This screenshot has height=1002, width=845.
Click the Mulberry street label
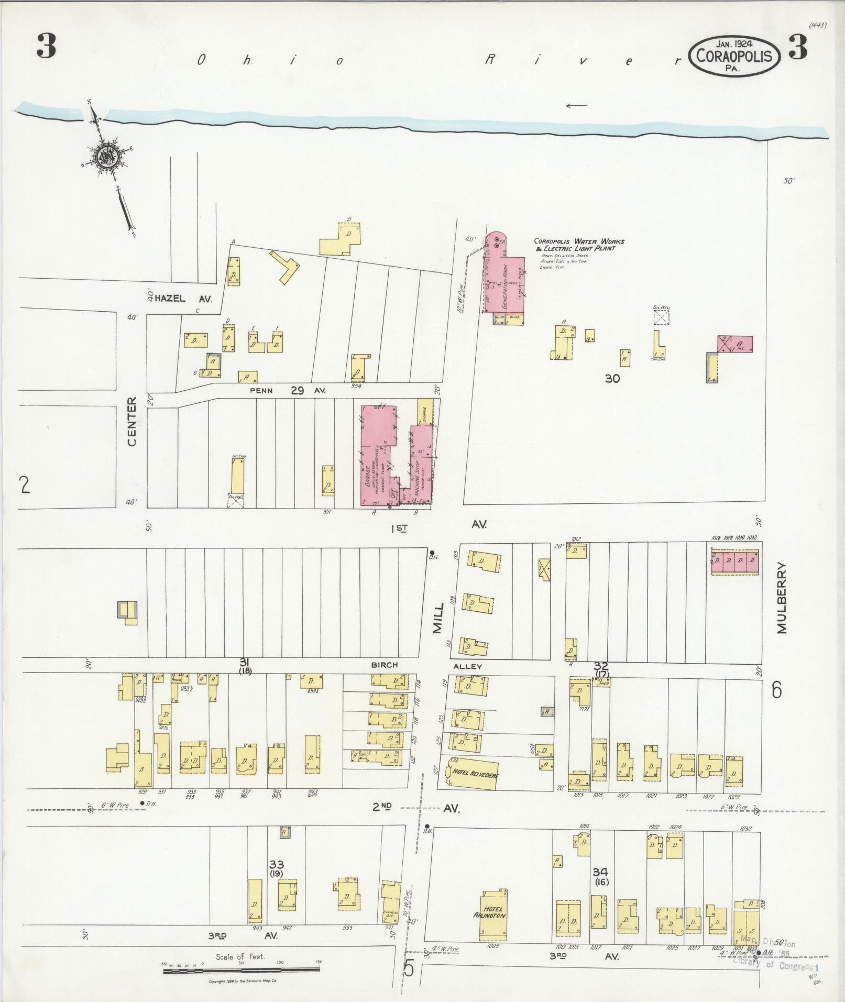pyautogui.click(x=782, y=598)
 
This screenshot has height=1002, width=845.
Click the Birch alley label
pyautogui.click(x=384, y=665)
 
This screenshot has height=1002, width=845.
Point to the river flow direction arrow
pyautogui.click(x=577, y=105)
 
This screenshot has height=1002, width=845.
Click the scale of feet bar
pyautogui.click(x=242, y=971)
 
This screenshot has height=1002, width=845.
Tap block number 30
pyautogui.click(x=612, y=378)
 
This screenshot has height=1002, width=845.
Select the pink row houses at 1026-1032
pyautogui.click(x=734, y=561)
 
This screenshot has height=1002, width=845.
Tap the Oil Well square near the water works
pyautogui.click(x=661, y=317)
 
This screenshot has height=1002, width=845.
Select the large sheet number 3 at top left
pyautogui.click(x=46, y=48)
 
